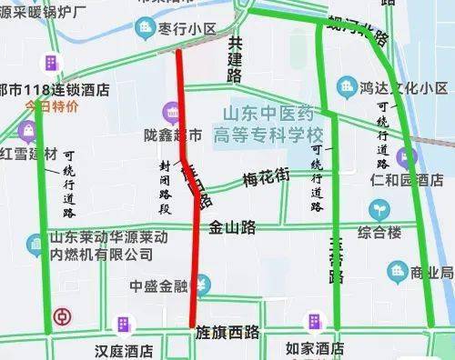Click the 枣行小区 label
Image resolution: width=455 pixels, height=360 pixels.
click(187, 29)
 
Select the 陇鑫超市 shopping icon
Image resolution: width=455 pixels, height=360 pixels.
click(170, 113)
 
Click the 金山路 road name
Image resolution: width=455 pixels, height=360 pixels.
click(233, 227)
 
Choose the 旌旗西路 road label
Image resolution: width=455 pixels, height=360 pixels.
click(227, 334)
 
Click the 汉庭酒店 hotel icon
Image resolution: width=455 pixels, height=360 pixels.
click(122, 324)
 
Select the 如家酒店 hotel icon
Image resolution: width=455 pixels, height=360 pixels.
click(313, 322)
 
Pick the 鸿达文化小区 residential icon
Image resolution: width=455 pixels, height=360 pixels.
click(346, 87)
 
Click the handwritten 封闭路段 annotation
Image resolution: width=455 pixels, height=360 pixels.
click(167, 187)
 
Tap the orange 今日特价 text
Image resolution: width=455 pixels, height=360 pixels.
click(52, 105)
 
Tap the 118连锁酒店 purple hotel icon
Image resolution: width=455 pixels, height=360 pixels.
click(47, 62)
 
